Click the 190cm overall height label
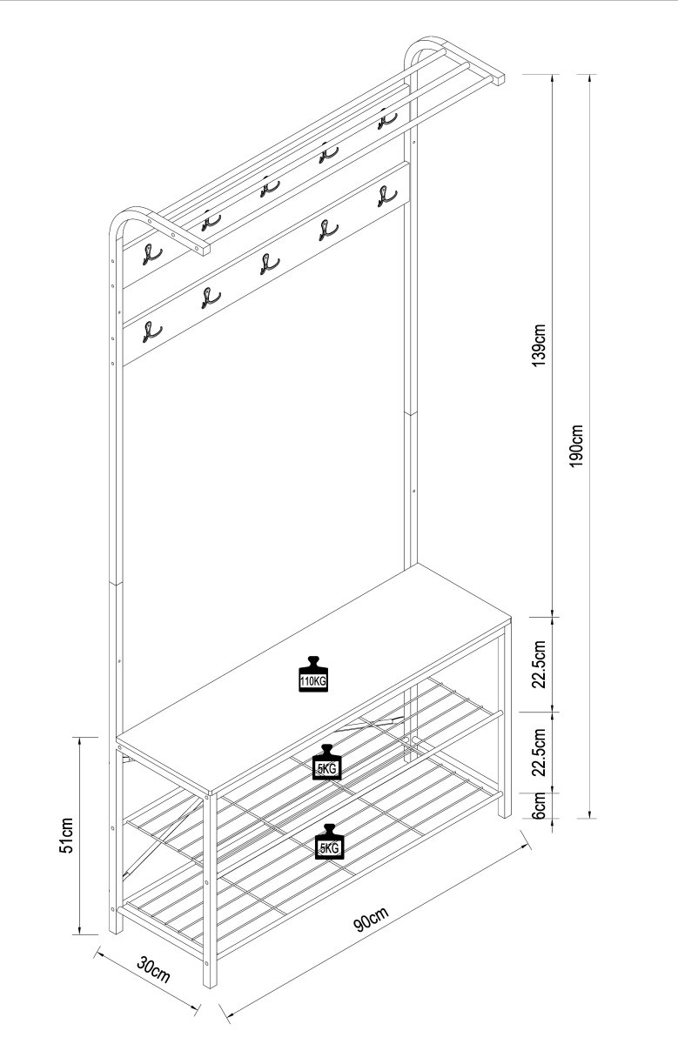[x=576, y=445]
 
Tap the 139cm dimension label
[x=539, y=345]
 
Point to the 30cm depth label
[x=153, y=968]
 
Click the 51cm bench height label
[x=66, y=835]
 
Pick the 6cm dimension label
[x=539, y=805]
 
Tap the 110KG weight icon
[x=313, y=674]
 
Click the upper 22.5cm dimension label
[x=539, y=664]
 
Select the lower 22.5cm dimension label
[x=539, y=752]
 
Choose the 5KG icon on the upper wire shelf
[x=326, y=762]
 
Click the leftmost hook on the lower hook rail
[x=152, y=332]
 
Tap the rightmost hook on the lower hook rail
[x=387, y=196]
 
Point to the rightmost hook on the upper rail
[x=387, y=119]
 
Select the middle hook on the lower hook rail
[x=270, y=264]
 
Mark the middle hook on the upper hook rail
[x=270, y=187]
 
